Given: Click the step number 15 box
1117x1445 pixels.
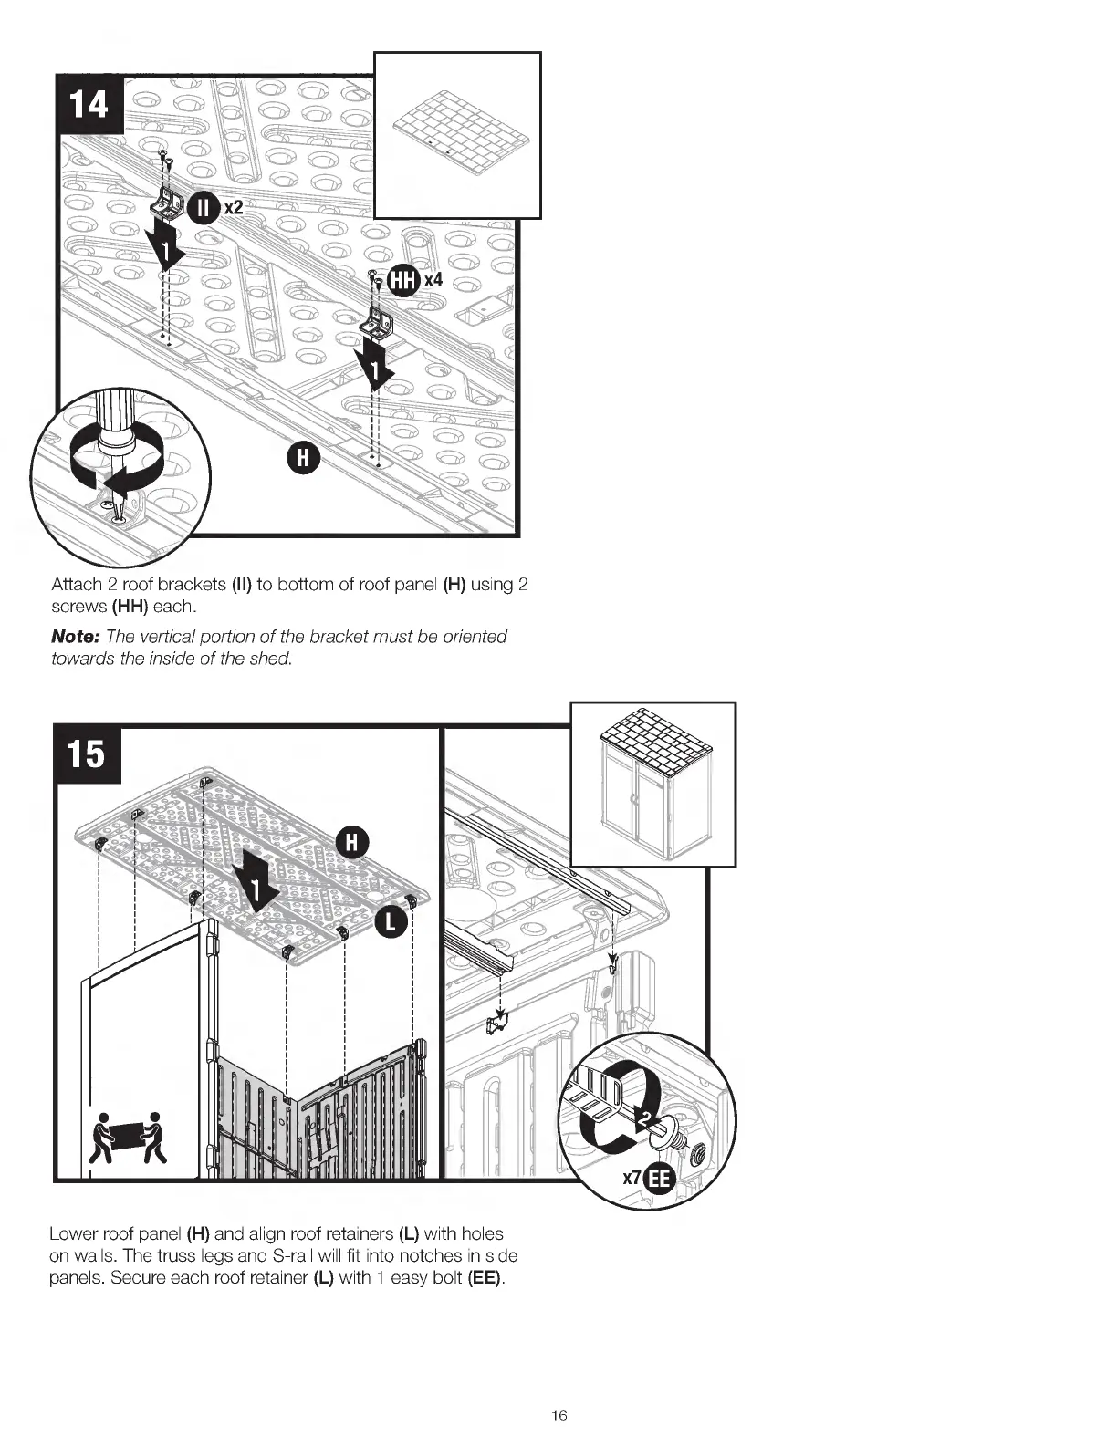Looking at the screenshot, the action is [87, 754].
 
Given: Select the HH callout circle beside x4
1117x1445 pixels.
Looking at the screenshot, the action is [402, 281].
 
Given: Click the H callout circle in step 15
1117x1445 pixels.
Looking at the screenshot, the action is [351, 842].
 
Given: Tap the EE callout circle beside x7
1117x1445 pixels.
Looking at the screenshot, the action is [658, 1180].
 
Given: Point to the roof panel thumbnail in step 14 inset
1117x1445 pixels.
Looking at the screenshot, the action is [458, 135].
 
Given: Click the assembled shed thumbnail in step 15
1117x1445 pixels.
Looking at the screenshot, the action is [652, 785].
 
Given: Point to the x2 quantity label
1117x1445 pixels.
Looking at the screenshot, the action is [235, 208].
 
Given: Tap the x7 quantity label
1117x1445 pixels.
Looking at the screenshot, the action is [632, 1178].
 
